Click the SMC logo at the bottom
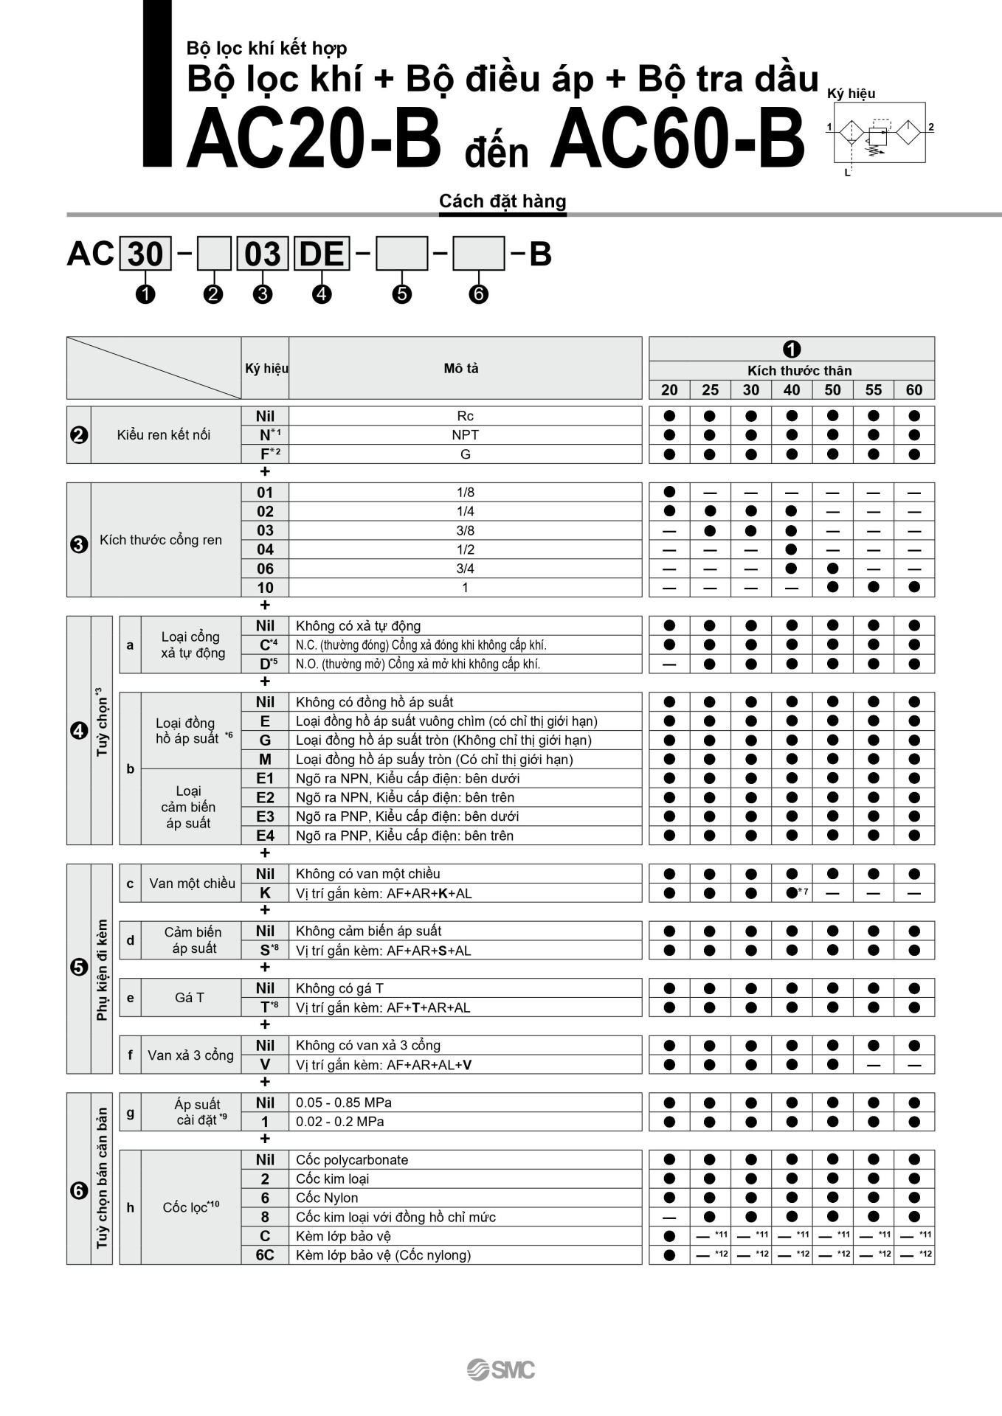point(501,1370)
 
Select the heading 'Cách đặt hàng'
point(502,201)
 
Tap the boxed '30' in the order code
point(145,254)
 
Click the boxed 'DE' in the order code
point(322,254)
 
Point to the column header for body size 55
point(873,390)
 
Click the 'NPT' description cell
point(465,435)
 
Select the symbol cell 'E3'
point(265,816)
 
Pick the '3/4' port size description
point(465,569)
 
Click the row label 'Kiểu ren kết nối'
point(164,435)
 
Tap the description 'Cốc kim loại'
point(332,1179)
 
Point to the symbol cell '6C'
point(265,1255)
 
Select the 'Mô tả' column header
point(461,368)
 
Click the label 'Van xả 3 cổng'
point(190,1055)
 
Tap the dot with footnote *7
point(792,893)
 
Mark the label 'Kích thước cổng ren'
point(161,540)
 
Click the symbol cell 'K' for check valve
point(265,893)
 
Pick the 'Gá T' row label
point(190,998)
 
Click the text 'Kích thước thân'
point(799,371)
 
